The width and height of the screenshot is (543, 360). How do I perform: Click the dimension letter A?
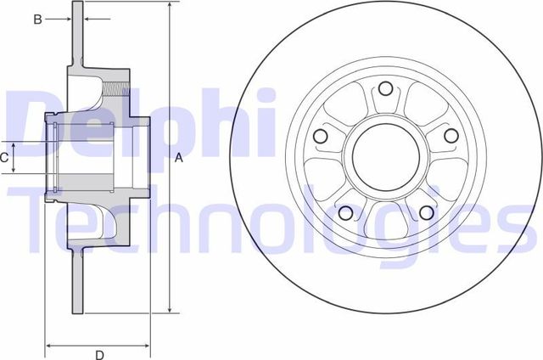(179, 158)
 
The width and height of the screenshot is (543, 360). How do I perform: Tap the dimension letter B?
(37, 18)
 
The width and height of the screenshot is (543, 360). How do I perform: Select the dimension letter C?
(4, 157)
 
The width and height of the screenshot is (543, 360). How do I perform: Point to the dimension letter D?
(99, 355)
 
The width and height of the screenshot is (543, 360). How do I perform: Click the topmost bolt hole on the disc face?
(386, 88)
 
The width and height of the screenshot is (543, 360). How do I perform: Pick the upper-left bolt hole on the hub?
(321, 136)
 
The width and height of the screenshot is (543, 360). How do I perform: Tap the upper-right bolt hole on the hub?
(451, 136)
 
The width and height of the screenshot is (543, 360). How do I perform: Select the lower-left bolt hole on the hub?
(345, 211)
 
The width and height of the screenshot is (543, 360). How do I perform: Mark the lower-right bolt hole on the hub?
(426, 211)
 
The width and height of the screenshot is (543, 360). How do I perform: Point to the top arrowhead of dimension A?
(171, 6)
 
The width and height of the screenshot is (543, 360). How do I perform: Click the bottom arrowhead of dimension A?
(171, 310)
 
